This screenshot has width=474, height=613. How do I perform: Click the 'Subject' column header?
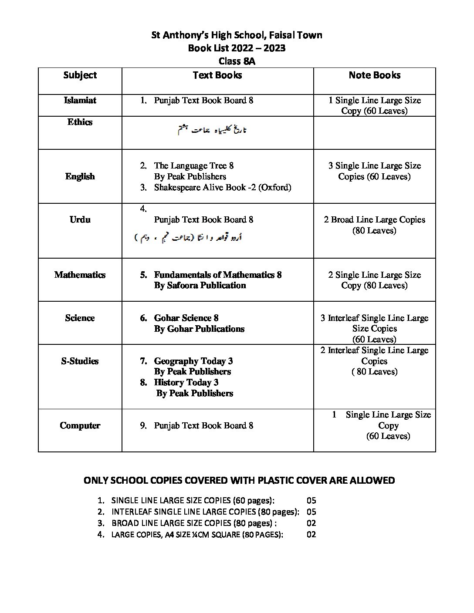click(80, 75)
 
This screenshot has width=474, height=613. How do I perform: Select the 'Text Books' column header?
click(217, 75)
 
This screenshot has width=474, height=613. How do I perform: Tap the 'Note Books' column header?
click(374, 75)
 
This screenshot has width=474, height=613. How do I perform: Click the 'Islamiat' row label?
click(80, 101)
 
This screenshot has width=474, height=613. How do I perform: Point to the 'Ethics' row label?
click(80, 122)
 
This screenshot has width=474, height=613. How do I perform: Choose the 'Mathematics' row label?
click(80, 275)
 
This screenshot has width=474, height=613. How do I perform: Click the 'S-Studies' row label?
click(80, 361)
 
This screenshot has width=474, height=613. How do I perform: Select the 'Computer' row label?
click(80, 426)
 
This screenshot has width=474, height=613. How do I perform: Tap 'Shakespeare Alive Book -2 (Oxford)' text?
click(222, 188)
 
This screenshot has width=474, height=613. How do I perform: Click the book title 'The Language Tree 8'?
click(193, 166)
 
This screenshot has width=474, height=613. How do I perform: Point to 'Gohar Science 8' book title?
click(186, 318)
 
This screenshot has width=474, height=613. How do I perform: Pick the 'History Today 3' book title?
click(186, 383)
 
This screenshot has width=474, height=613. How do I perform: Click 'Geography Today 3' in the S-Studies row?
click(193, 361)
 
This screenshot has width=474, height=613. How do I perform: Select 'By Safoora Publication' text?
click(200, 286)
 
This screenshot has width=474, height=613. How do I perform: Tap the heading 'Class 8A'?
click(237, 61)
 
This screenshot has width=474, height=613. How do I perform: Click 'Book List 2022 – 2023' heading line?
click(237, 48)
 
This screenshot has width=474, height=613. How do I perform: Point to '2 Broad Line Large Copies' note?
click(374, 220)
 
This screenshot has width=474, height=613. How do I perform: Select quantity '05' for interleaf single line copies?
click(311, 512)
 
